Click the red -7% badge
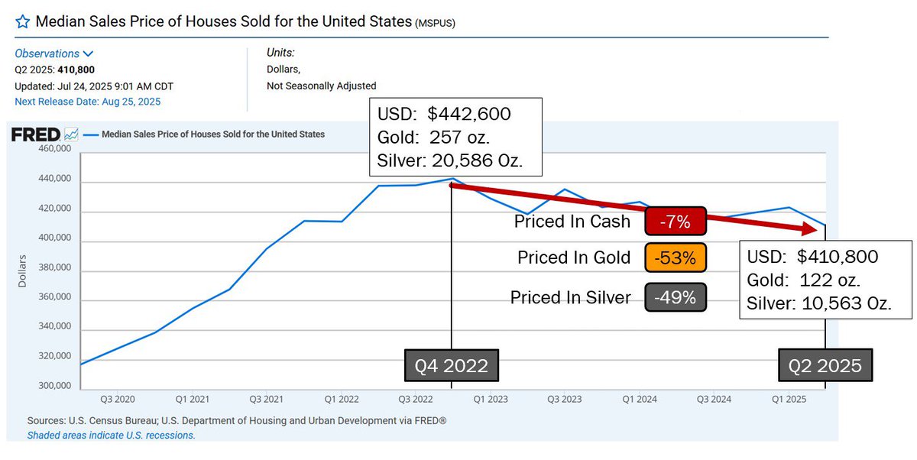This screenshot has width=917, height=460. (x=676, y=222)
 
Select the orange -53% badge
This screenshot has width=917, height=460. (x=676, y=258)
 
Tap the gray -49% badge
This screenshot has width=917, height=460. (x=676, y=297)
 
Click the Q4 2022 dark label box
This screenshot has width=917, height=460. (x=451, y=366)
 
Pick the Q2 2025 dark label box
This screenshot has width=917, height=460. (x=825, y=366)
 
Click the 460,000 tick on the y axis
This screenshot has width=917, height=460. (x=54, y=150)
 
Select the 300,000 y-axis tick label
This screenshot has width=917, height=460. (x=54, y=386)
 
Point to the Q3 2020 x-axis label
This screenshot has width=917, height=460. (x=118, y=399)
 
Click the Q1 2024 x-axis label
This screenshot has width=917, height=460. (x=640, y=399)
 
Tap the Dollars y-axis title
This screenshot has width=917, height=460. (x=22, y=270)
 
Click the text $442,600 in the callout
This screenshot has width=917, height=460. (x=469, y=115)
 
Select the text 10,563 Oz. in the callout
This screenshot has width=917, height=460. (x=847, y=302)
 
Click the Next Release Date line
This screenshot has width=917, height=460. (x=87, y=101)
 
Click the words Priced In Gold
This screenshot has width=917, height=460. (x=574, y=258)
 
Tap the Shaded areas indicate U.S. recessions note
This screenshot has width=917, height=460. (x=111, y=435)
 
